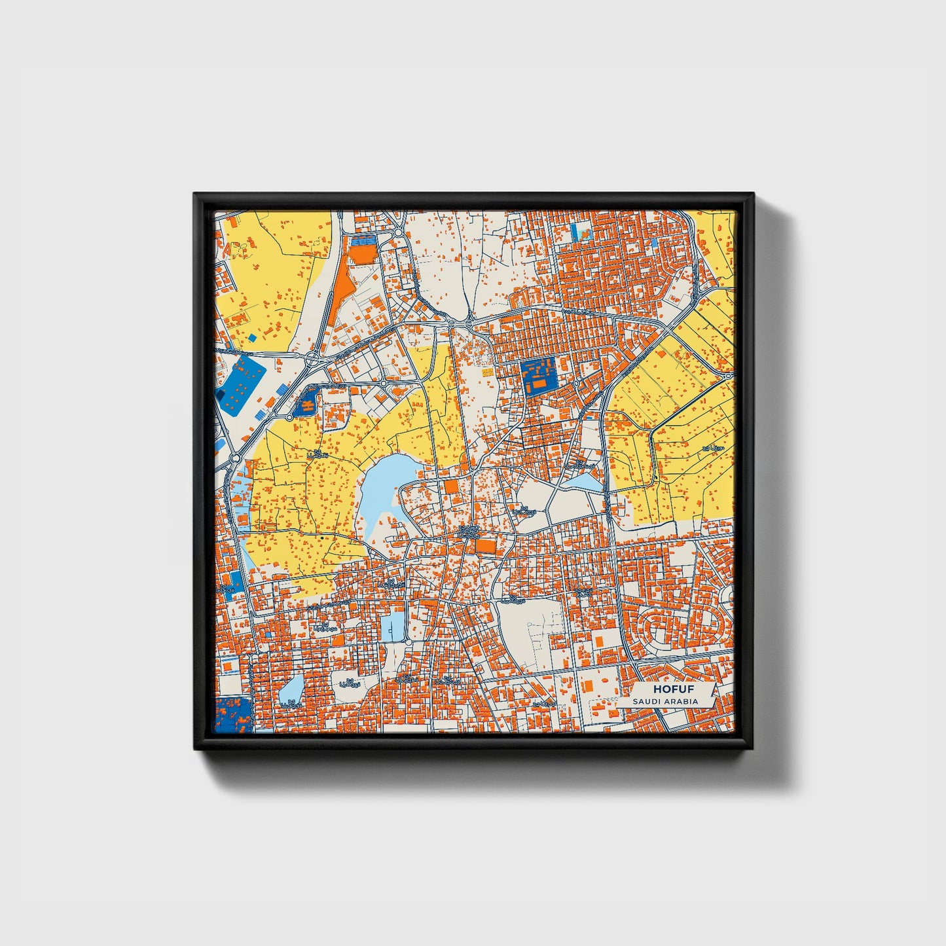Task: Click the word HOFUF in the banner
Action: (x=673, y=689)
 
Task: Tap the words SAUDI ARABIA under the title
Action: (x=665, y=701)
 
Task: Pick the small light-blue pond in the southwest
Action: (x=291, y=689)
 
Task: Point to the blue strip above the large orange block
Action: (x=363, y=240)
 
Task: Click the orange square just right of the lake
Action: (x=452, y=486)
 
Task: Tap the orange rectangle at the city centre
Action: (x=485, y=545)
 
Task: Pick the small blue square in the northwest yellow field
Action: (x=252, y=338)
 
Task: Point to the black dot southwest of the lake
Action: (x=322, y=537)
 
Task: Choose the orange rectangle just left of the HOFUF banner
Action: (x=587, y=684)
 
